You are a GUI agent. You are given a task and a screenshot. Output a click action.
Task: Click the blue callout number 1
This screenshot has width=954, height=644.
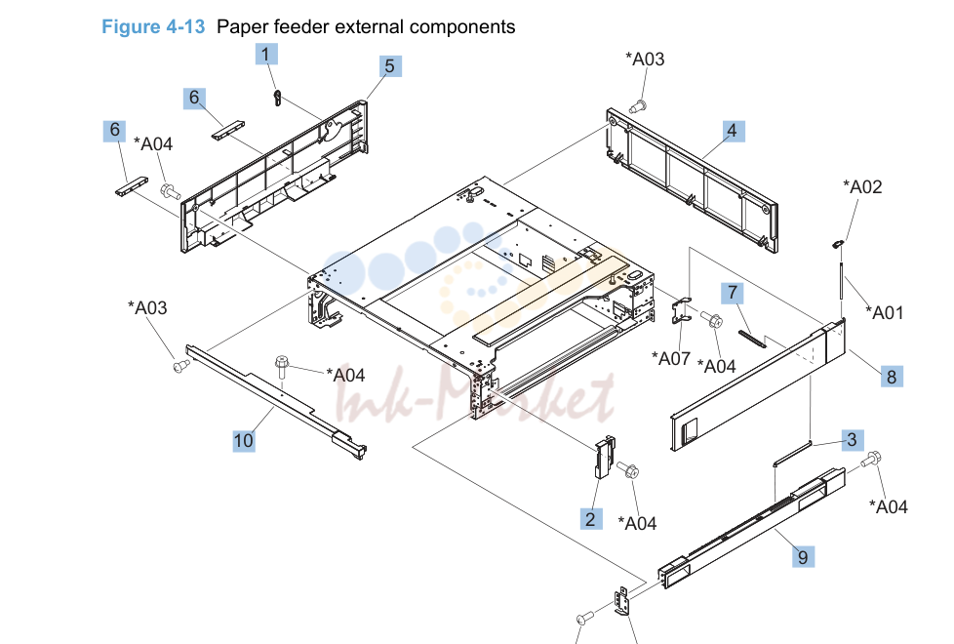(266, 55)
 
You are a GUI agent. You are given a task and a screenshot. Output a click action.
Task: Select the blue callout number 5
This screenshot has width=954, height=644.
(390, 66)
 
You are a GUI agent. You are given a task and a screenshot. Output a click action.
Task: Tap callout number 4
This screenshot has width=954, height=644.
(733, 131)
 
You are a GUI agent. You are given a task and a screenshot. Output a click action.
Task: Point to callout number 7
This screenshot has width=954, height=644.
(733, 294)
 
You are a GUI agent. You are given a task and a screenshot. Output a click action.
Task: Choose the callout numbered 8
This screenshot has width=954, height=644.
(892, 377)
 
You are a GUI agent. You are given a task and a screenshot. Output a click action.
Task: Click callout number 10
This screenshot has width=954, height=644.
(243, 441)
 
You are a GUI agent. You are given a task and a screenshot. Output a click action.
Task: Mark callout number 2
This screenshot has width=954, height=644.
(591, 519)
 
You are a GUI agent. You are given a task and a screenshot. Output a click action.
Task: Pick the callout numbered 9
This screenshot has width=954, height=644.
(803, 557)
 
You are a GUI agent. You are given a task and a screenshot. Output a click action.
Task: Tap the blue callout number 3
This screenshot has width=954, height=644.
(852, 439)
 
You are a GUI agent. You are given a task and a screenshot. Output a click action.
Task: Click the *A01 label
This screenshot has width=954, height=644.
(885, 313)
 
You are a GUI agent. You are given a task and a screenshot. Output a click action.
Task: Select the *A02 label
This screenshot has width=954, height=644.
(862, 187)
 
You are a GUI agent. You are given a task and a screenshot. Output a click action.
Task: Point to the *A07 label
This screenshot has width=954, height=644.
(670, 358)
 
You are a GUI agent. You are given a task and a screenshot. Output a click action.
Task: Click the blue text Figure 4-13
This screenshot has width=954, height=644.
(153, 26)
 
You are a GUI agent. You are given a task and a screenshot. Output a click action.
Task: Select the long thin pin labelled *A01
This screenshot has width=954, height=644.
(841, 279)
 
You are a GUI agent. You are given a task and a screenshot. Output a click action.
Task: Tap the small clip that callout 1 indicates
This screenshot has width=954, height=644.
(277, 98)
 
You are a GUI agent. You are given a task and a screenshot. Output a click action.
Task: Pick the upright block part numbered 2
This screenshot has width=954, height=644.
(605, 457)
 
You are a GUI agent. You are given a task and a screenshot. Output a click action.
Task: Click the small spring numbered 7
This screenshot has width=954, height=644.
(752, 339)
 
